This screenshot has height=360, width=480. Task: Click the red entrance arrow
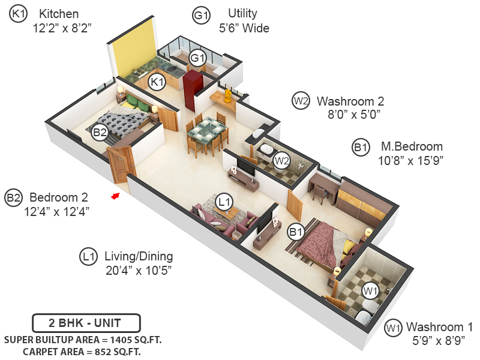[115, 196]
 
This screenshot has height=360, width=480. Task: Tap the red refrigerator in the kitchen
[193, 90]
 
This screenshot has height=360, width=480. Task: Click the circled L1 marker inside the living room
[224, 202]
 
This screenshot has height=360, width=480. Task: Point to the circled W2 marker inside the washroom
[281, 160]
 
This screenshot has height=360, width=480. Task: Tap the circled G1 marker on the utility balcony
[197, 58]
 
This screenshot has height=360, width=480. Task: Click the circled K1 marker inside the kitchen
[157, 82]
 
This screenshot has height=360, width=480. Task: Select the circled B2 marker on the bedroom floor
[100, 133]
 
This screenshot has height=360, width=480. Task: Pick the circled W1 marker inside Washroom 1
[370, 290]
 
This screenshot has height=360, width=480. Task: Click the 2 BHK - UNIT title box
[86, 323]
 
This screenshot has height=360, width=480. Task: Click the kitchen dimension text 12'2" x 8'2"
[62, 28]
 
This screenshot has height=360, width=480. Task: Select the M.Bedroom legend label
[412, 146]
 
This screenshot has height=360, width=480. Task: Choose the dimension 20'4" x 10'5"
[139, 271]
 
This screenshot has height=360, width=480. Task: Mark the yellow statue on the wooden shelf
[227, 95]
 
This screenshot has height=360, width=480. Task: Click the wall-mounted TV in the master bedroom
[263, 221]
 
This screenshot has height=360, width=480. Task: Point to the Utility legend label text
[243, 13]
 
